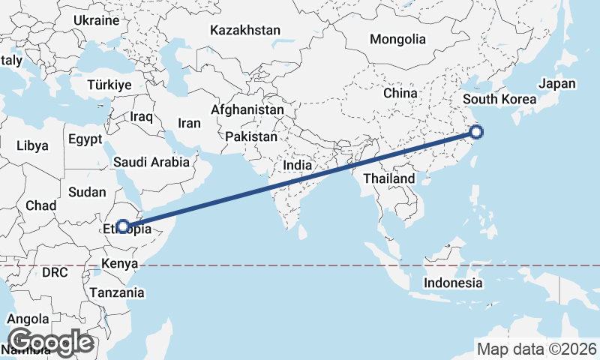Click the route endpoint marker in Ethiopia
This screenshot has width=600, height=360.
pyautogui.click(x=122, y=226)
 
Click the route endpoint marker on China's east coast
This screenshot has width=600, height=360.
pyautogui.click(x=476, y=133)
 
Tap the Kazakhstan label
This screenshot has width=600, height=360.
pyautogui.click(x=245, y=31)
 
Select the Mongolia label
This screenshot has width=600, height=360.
pyautogui.click(x=397, y=40)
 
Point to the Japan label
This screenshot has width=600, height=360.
pyautogui.click(x=557, y=84)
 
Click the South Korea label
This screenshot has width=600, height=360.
pyautogui.click(x=499, y=99)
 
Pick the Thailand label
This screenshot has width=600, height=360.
pyautogui.click(x=388, y=178)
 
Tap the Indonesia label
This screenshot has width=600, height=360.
pyautogui.click(x=453, y=283)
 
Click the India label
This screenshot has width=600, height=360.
pyautogui.click(x=297, y=165)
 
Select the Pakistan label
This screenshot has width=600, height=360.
pyautogui.click(x=250, y=137)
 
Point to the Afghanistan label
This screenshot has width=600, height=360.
pyautogui.click(x=247, y=109)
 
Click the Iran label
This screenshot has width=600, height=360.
pyautogui.click(x=189, y=123)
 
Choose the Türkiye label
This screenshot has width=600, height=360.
pyautogui.click(x=109, y=85)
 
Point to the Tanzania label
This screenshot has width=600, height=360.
pyautogui.click(x=116, y=292)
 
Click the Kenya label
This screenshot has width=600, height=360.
pyautogui.click(x=120, y=264)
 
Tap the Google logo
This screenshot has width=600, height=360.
pyautogui.click(x=50, y=342)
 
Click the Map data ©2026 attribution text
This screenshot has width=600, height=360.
pyautogui.click(x=537, y=349)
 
